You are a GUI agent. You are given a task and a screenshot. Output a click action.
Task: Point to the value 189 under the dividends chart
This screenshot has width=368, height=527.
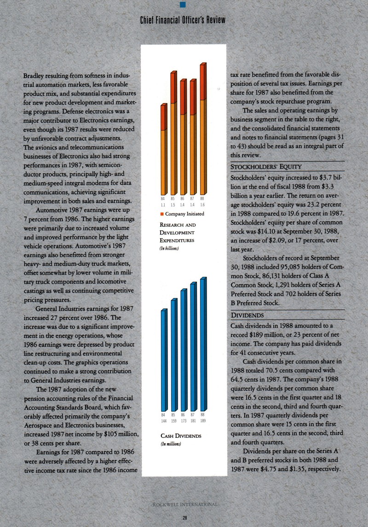(x=202, y=420)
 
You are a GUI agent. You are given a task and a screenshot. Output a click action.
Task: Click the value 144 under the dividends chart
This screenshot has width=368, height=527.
(x=163, y=420)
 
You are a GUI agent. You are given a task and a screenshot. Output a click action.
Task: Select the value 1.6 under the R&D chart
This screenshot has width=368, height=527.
(x=202, y=204)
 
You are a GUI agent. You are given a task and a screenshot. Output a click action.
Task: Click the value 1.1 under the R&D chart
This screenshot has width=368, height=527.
(x=163, y=204)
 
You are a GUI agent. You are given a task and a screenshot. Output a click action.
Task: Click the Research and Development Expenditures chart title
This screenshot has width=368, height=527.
(x=178, y=233)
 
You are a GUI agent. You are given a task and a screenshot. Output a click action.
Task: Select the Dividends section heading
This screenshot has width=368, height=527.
(x=247, y=315)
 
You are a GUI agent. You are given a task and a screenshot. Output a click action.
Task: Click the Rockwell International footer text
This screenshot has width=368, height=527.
(x=184, y=504)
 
